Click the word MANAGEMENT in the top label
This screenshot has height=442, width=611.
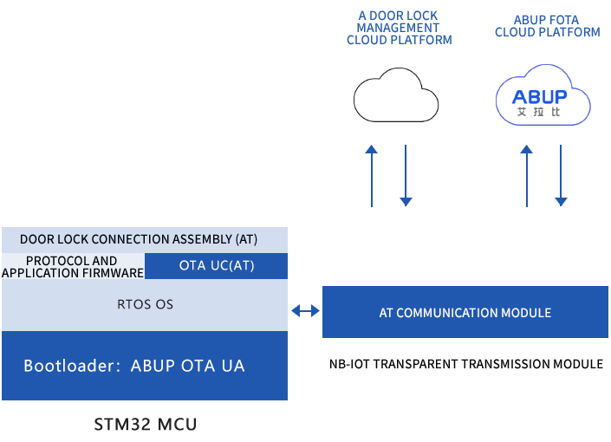(399, 28)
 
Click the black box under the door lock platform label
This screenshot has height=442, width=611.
(396, 94)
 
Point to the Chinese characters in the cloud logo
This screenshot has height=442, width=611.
(539, 112)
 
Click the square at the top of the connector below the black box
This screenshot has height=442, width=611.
(371, 149)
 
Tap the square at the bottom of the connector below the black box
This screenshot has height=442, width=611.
(406, 202)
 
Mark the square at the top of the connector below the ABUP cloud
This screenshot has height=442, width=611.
(526, 149)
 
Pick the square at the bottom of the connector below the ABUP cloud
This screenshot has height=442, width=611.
(561, 202)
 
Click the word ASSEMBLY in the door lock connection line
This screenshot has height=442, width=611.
(199, 239)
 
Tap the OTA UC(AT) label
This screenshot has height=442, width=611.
(217, 265)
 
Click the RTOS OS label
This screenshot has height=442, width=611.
(145, 304)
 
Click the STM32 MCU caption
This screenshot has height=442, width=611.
(145, 425)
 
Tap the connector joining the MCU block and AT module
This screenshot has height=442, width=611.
(304, 310)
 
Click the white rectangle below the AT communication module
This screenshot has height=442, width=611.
(471, 364)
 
